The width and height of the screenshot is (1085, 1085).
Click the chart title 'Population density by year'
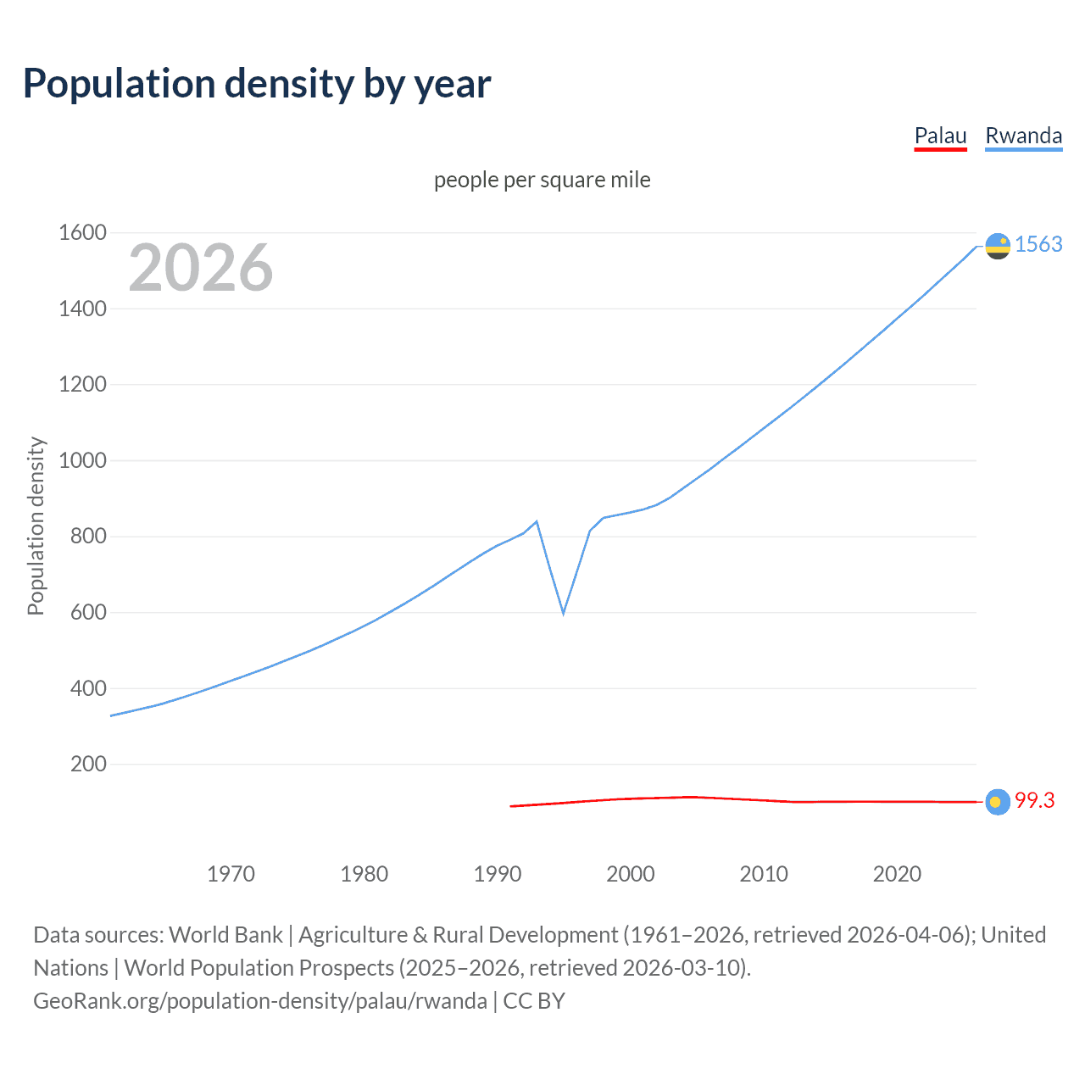(257, 84)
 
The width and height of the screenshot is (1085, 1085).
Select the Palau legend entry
(940, 136)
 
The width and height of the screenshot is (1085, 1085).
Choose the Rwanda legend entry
(1023, 136)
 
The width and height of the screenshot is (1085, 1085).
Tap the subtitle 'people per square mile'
(542, 180)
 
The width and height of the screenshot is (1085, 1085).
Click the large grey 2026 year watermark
(201, 268)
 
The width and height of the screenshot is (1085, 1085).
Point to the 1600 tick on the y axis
(82, 232)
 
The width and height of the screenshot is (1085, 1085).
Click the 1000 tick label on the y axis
(82, 460)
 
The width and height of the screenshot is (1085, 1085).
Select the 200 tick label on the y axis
(88, 764)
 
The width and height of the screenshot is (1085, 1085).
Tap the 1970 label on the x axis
(231, 874)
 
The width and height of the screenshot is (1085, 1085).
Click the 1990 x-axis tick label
(498, 874)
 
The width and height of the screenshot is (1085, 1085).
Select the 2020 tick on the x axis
(897, 874)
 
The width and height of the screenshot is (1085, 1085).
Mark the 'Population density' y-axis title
(36, 526)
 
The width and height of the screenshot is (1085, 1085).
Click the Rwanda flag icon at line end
(998, 246)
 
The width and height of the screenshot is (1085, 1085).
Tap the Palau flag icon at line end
(998, 802)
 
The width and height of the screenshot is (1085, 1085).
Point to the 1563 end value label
(1038, 244)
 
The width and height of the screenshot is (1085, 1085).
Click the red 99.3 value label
(1034, 800)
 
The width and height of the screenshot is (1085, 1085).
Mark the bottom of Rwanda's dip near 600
(563, 612)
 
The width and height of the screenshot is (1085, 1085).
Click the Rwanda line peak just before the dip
(537, 521)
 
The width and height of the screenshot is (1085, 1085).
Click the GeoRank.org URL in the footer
(260, 1001)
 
